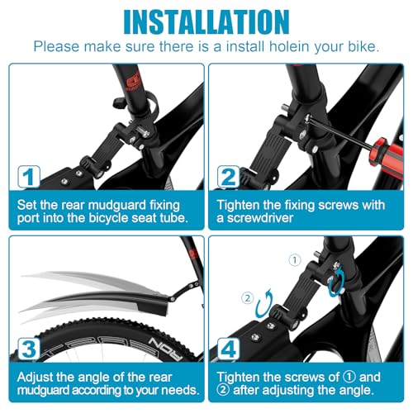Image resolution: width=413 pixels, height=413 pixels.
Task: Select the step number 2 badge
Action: coord(229,175)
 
